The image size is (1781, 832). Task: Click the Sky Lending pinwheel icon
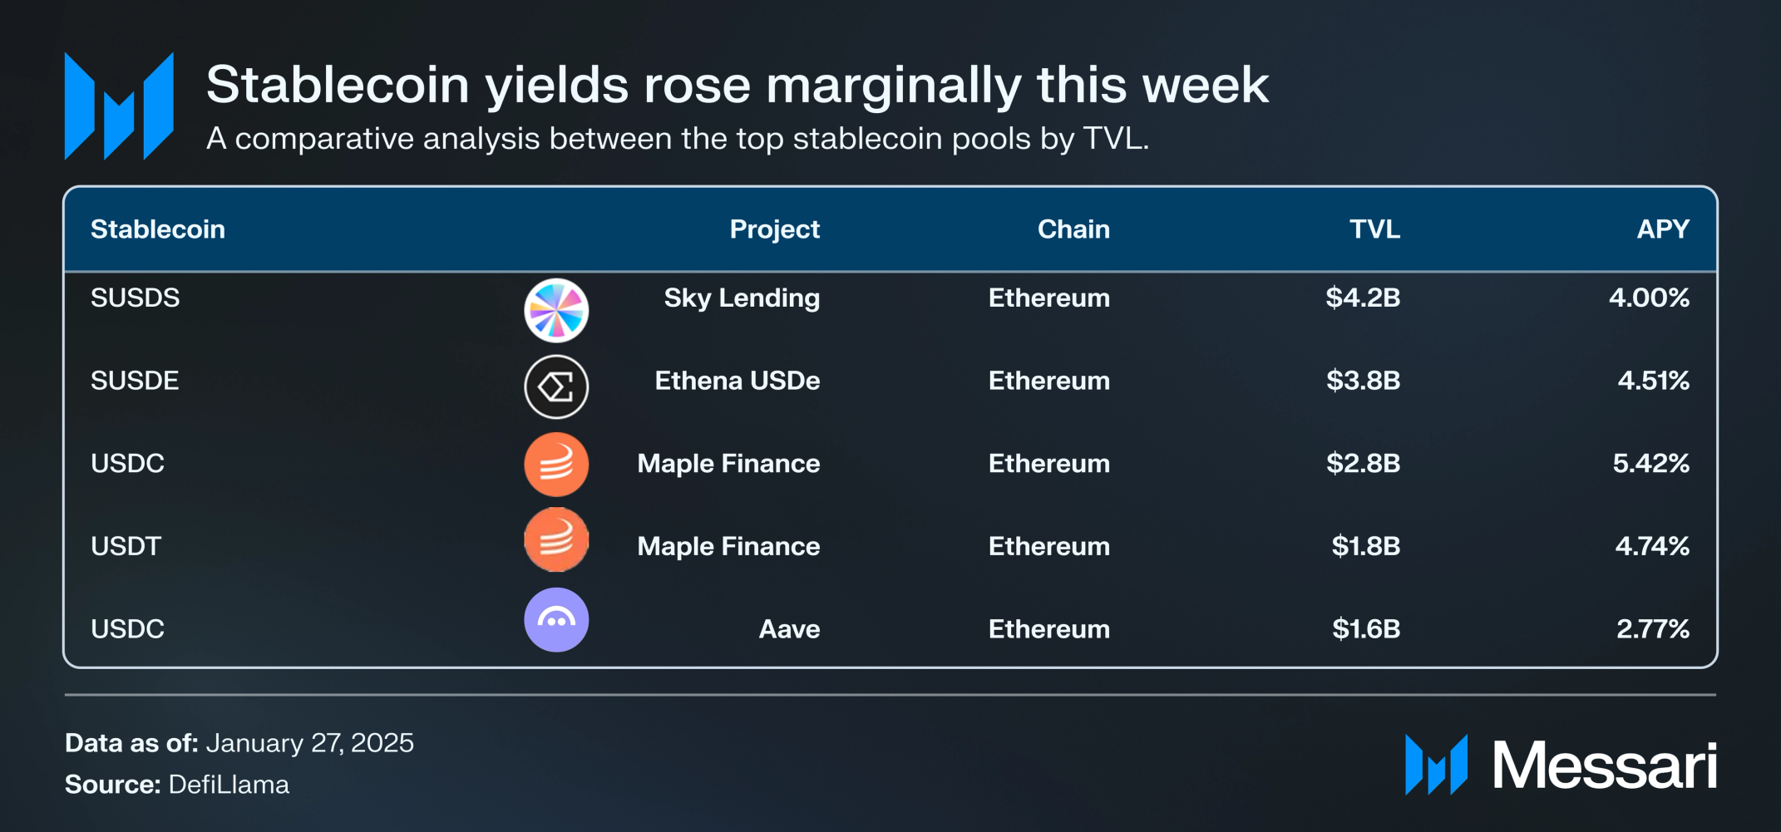click(x=556, y=311)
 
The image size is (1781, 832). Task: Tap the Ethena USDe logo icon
click(x=556, y=386)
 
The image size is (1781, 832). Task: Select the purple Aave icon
click(x=556, y=620)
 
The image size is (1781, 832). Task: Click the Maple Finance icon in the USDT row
click(x=556, y=540)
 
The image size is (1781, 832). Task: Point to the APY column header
click(x=1662, y=229)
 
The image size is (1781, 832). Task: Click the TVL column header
click(x=1374, y=229)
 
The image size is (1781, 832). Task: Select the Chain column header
click(x=1073, y=229)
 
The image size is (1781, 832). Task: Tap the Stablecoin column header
click(x=158, y=229)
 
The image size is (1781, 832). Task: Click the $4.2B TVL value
click(x=1363, y=298)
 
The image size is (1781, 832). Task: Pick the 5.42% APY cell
click(x=1650, y=463)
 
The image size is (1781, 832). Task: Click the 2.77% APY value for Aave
click(x=1652, y=629)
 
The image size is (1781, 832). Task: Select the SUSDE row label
click(x=135, y=381)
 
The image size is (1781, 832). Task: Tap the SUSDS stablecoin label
click(x=135, y=298)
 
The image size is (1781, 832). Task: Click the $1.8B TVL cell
click(x=1365, y=546)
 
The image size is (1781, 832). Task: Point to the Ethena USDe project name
click(x=737, y=381)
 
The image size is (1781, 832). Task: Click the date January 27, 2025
click(x=309, y=743)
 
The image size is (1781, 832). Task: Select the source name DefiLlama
click(x=229, y=785)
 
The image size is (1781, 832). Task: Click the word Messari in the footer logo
click(x=1604, y=766)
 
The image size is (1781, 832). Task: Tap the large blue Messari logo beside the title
click(x=119, y=106)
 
